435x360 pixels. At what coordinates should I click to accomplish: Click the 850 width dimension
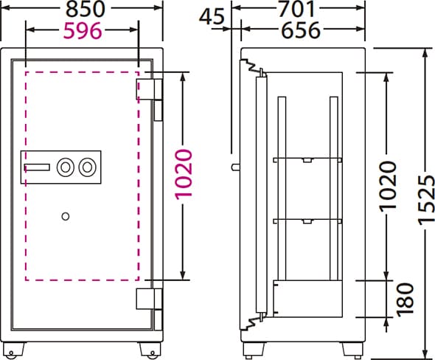click(x=86, y=9)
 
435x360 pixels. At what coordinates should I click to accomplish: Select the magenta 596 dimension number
click(x=83, y=30)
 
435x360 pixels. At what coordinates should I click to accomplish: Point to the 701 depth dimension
click(x=297, y=9)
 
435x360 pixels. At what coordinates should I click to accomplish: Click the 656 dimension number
click(x=302, y=30)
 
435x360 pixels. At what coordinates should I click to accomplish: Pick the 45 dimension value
click(x=212, y=16)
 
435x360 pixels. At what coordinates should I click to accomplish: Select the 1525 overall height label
click(x=426, y=200)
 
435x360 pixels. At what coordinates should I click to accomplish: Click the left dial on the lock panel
click(x=66, y=167)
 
